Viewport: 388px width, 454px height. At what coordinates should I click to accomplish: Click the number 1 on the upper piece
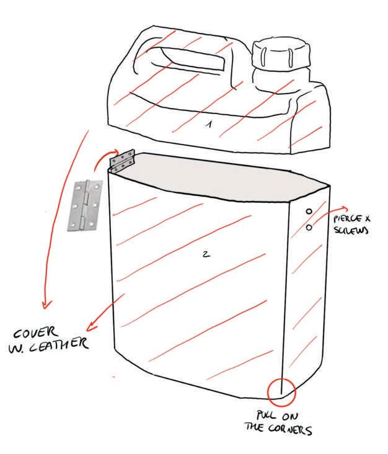click(x=209, y=124)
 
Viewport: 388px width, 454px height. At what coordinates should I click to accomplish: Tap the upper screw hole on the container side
click(x=308, y=211)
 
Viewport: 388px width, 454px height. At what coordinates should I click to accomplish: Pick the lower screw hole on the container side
click(x=308, y=228)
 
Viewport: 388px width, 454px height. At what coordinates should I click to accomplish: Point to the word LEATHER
click(x=65, y=343)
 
